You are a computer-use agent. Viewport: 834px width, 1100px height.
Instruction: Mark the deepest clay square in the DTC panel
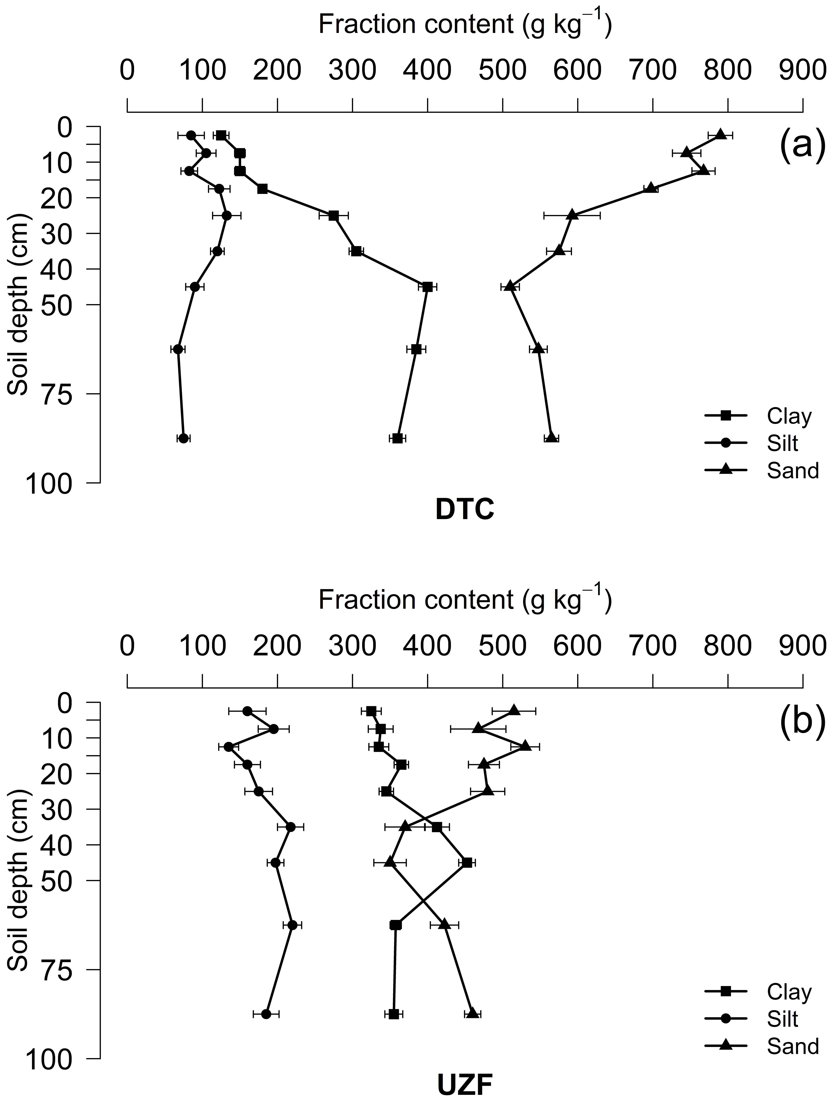397,438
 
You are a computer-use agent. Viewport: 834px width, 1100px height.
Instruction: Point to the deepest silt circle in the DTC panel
183,438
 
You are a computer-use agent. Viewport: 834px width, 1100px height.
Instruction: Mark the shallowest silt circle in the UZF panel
247,711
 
